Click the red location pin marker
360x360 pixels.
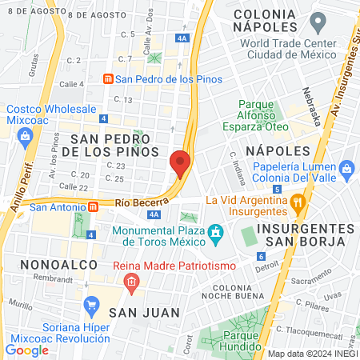click(180, 163)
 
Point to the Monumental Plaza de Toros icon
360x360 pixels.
click(215, 233)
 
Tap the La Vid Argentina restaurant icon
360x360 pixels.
click(297, 201)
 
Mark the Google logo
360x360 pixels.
click(26, 350)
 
